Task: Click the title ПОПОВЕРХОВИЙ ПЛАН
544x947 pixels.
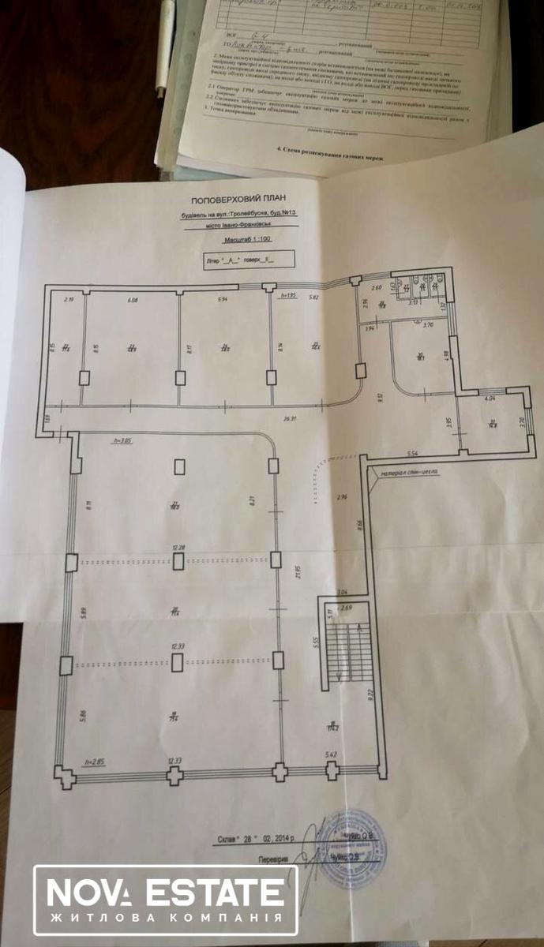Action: pyautogui.click(x=242, y=202)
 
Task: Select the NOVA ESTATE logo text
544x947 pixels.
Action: pyautogui.click(x=164, y=893)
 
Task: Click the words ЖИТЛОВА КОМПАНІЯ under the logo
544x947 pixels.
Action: pyautogui.click(x=164, y=919)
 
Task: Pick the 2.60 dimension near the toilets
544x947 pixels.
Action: pyautogui.click(x=376, y=290)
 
